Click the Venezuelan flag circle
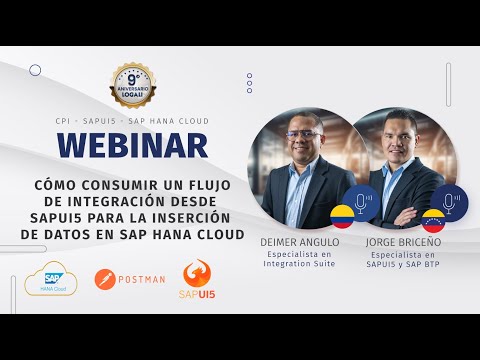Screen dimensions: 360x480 433,221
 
